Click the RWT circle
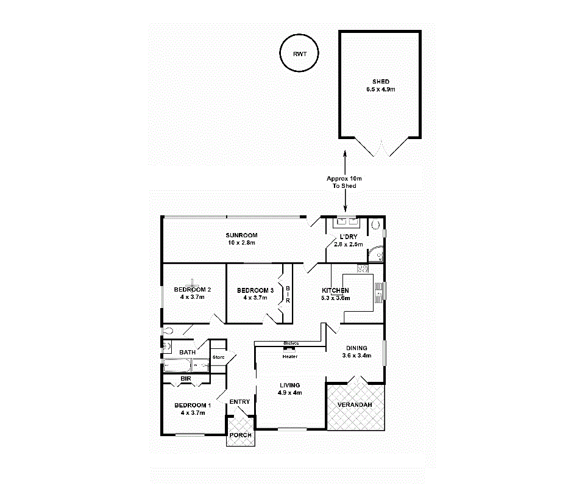coord(300,54)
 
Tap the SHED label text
coord(381,82)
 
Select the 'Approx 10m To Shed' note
coord(344,182)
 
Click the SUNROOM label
coord(241,235)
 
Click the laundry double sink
coord(348,222)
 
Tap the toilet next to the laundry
coord(375,224)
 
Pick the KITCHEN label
coord(336,290)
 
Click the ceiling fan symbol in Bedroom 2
coord(193,284)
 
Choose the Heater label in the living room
coord(289,356)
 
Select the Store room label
coord(218,357)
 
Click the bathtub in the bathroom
coord(177,366)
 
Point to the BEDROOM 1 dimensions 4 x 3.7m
coord(193,413)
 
